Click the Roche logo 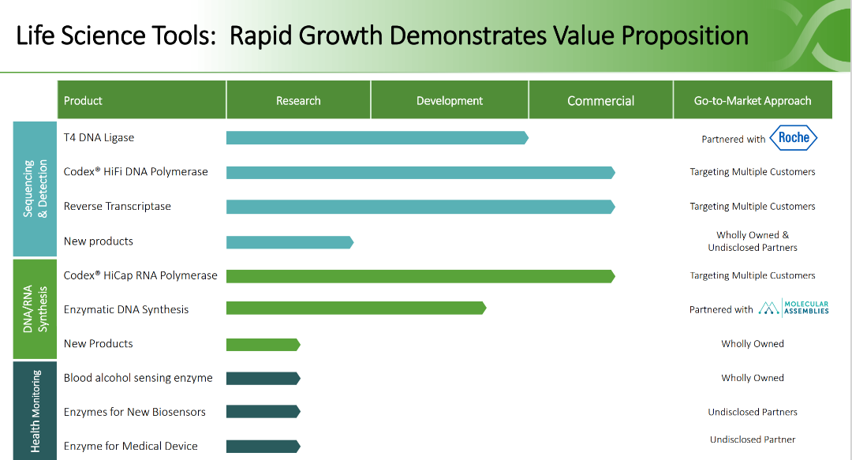(x=794, y=137)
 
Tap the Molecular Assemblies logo (x=793, y=309)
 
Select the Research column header (x=298, y=100)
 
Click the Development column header (x=450, y=100)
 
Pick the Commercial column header (x=600, y=100)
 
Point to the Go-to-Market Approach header (x=753, y=100)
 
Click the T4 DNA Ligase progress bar (x=376, y=138)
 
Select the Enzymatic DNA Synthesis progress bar (x=355, y=309)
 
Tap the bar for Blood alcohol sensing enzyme (x=263, y=378)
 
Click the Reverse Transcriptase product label (x=118, y=206)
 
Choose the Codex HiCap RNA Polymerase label (x=140, y=275)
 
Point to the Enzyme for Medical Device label (x=131, y=446)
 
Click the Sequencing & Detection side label (x=35, y=188)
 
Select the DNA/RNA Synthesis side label (x=35, y=309)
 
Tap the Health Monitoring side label (x=35, y=411)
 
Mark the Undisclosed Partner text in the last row (x=753, y=439)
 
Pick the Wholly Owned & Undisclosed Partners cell (x=753, y=241)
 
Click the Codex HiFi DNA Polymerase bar (x=420, y=172)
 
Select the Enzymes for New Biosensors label (x=135, y=412)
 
